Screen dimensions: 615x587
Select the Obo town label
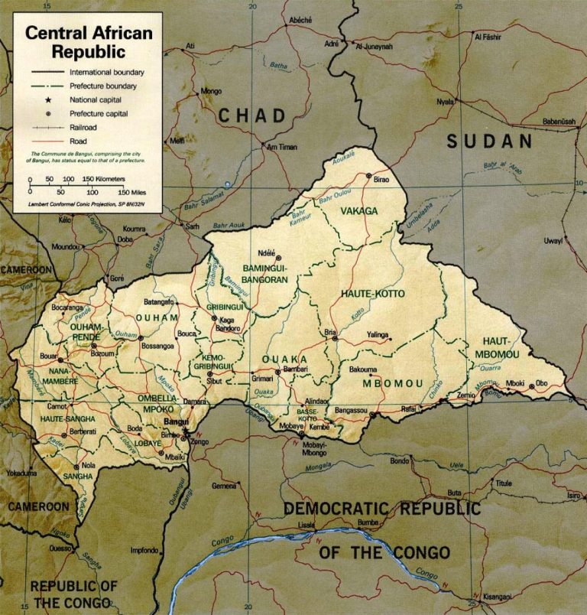pyautogui.click(x=542, y=382)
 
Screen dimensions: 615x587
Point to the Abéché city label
pyautogui.click(x=300, y=19)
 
